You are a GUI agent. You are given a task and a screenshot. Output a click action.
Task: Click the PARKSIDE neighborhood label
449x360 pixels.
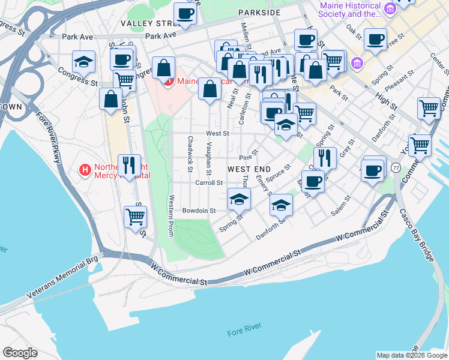[x=259, y=12]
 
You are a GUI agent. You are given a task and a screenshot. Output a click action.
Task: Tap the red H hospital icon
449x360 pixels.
[x=85, y=170]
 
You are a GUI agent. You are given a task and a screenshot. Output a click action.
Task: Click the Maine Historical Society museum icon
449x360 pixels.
[x=391, y=8]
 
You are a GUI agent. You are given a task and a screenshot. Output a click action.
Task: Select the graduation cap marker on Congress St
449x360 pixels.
[x=84, y=62]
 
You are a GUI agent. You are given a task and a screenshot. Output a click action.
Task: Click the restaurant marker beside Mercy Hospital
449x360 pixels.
[x=129, y=165]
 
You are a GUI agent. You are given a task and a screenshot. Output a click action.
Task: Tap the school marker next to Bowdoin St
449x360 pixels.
[x=239, y=199]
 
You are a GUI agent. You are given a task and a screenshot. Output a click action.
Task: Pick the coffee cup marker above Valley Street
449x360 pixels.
[x=185, y=13]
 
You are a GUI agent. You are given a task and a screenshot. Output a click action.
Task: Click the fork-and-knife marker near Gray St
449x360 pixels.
[x=325, y=158]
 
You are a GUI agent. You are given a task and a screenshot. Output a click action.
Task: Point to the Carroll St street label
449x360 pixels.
[x=209, y=182]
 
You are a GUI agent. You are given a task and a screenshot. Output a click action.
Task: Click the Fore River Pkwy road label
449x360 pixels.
[x=49, y=138]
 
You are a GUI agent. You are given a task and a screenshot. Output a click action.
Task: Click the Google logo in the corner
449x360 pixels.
[x=20, y=353]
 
